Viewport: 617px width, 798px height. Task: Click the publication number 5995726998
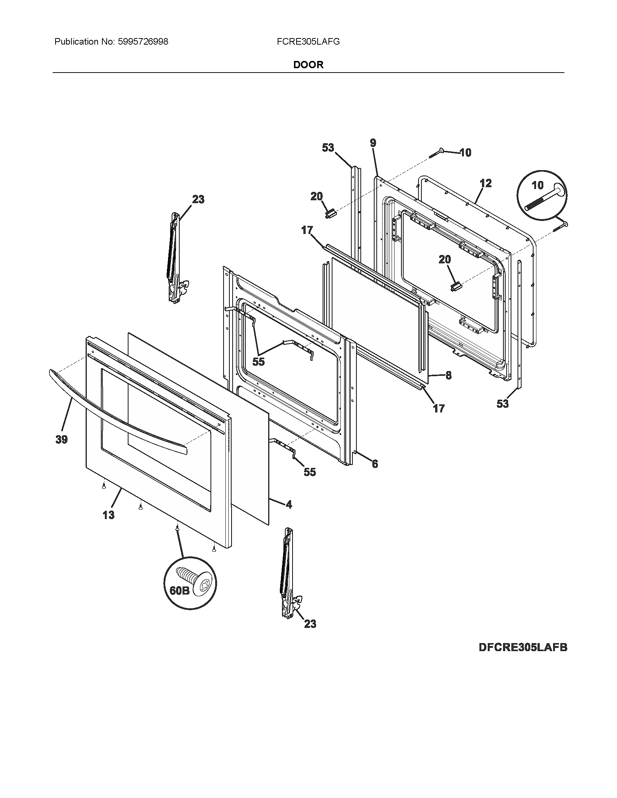(143, 42)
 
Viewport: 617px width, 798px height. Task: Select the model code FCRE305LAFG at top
(308, 42)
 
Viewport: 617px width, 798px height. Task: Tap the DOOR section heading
(308, 65)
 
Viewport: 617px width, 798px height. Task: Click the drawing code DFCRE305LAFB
(523, 647)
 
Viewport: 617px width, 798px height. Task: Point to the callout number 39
(61, 440)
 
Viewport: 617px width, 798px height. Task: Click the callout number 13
(109, 515)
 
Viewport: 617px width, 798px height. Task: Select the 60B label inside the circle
(179, 600)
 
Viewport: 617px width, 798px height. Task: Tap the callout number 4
(289, 505)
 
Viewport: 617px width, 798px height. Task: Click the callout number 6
(375, 464)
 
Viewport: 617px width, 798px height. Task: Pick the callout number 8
(448, 375)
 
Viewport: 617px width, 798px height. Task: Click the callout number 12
(485, 183)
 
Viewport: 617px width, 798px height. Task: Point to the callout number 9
(372, 143)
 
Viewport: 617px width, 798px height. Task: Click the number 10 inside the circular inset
(537, 185)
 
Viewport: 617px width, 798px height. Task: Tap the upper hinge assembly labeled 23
(175, 259)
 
